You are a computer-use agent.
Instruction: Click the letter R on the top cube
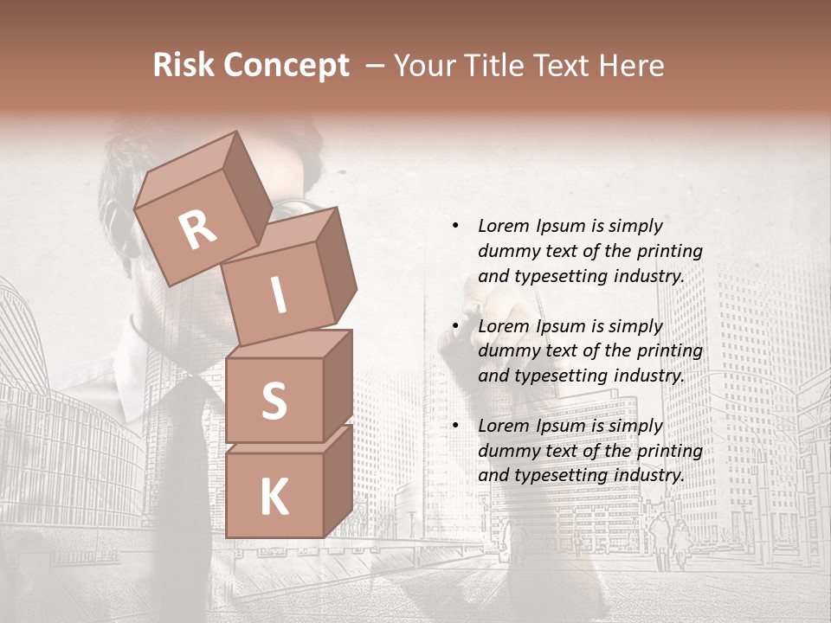pos(197,230)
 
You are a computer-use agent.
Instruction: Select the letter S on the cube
pos(274,401)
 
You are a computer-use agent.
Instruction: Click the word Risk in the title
pos(182,66)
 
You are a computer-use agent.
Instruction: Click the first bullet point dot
pos(455,226)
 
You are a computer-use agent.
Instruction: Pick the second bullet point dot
pos(455,326)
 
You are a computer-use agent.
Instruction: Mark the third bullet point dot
pos(455,426)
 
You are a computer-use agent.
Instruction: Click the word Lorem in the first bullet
pos(502,226)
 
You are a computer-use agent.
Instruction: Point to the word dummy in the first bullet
pos(506,252)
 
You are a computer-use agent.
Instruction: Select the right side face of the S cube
pos(338,385)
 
